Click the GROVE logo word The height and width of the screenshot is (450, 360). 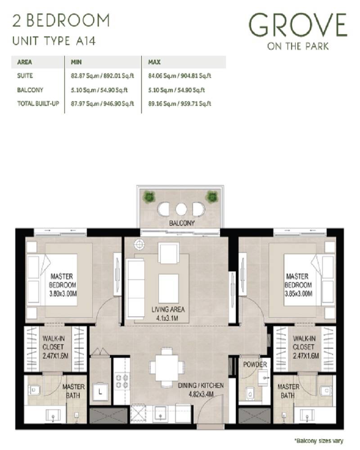[298, 26]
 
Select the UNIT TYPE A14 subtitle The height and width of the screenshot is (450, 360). [54, 41]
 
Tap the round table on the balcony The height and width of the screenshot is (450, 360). [181, 209]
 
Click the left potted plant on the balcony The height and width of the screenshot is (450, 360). [148, 197]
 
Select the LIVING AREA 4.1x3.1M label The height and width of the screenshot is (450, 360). [168, 313]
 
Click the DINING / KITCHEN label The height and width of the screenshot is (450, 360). [200, 390]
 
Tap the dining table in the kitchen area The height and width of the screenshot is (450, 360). [167, 366]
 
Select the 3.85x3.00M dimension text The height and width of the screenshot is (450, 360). [298, 293]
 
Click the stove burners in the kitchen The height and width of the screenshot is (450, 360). [121, 382]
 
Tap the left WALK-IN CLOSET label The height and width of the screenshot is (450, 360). [54, 346]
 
